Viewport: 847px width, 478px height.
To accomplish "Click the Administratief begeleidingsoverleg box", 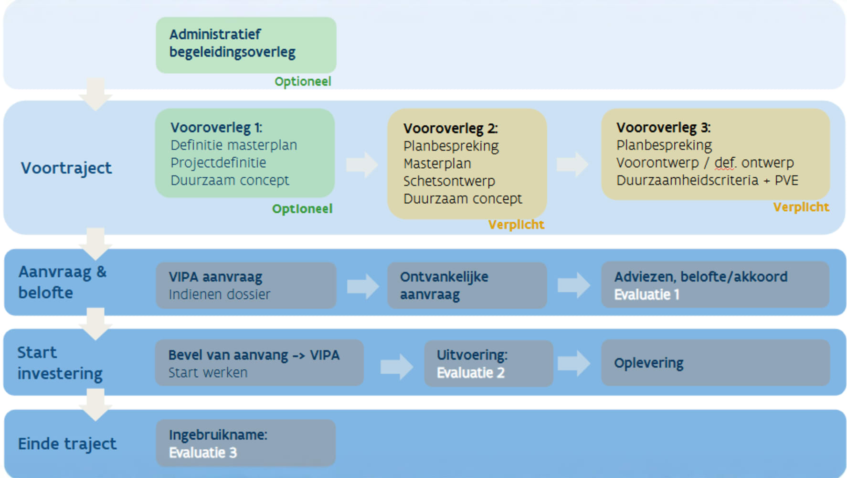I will click(x=246, y=45).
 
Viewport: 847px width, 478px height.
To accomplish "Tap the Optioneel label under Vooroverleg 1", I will click(x=302, y=209).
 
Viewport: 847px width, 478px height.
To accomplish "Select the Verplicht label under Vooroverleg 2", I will click(x=516, y=225).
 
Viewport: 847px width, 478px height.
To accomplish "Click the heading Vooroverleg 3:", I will click(x=663, y=128).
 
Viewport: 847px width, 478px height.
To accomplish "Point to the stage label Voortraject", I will click(x=66, y=168).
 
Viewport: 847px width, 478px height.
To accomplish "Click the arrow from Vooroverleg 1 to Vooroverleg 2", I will click(x=362, y=165).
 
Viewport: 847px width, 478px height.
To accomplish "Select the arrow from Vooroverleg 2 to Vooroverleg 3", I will click(x=572, y=164).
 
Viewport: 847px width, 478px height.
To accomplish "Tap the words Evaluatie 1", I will click(x=646, y=295).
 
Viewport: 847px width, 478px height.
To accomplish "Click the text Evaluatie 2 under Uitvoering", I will click(x=470, y=373).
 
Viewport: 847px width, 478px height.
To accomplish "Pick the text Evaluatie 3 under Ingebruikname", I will click(x=202, y=453).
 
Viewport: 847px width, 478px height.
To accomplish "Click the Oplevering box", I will click(x=715, y=363).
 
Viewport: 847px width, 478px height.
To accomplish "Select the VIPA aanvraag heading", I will click(x=215, y=277).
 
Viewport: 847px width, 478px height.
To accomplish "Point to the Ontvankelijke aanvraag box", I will click(x=466, y=285).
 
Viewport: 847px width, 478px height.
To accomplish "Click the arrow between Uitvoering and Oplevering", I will click(x=573, y=363).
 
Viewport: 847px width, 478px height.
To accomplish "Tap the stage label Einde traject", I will click(x=67, y=444).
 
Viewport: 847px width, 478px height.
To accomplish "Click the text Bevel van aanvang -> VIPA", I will click(x=254, y=355).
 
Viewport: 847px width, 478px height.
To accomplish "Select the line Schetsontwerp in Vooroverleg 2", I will click(x=449, y=181).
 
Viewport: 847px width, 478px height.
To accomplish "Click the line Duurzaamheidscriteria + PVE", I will click(x=707, y=180).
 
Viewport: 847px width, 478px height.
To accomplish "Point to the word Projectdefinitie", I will click(x=218, y=163).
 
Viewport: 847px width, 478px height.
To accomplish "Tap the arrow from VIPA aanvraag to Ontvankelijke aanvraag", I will click(x=363, y=286).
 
